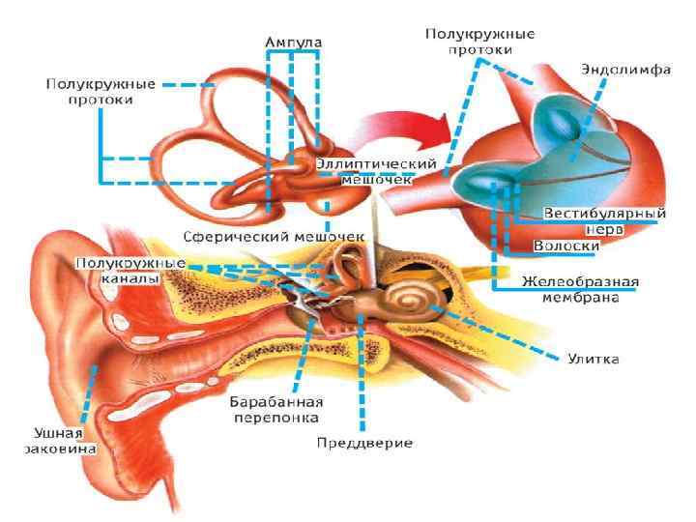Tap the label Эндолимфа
(x=625, y=69)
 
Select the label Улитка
(x=590, y=360)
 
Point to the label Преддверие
(x=364, y=443)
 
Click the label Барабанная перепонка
(x=275, y=409)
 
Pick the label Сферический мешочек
(x=274, y=236)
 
